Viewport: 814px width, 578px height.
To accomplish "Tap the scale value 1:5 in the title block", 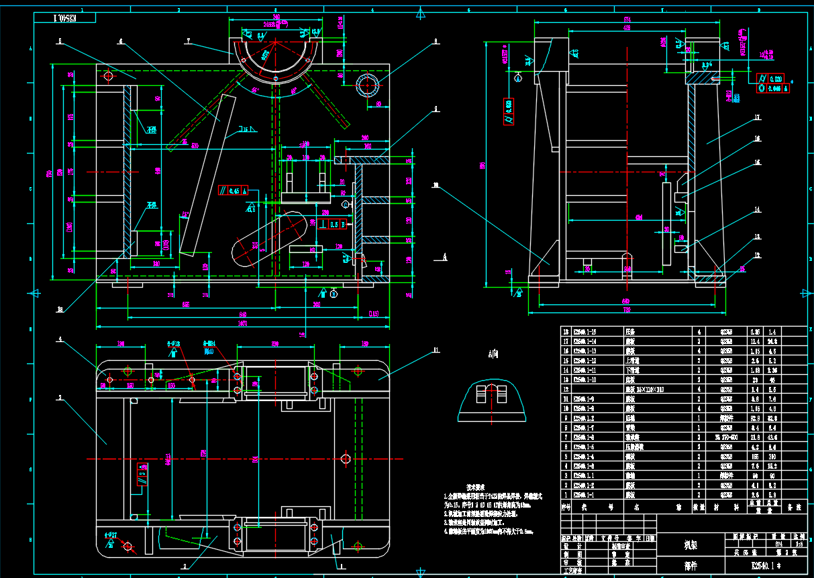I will tap(799, 544).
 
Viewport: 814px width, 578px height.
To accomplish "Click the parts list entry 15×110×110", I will tap(644, 389).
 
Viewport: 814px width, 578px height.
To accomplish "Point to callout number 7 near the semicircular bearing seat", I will tap(188, 41).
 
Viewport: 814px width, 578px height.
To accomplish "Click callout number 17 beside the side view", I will tap(757, 117).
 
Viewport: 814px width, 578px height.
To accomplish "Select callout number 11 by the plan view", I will tap(436, 350).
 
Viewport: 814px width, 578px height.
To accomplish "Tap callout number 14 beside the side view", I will tap(757, 210).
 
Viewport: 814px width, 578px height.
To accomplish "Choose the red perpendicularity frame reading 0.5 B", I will tap(333, 224).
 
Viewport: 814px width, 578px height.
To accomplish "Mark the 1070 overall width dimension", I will tap(243, 323).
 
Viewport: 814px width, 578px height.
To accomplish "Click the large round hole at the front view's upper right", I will tap(368, 86).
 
